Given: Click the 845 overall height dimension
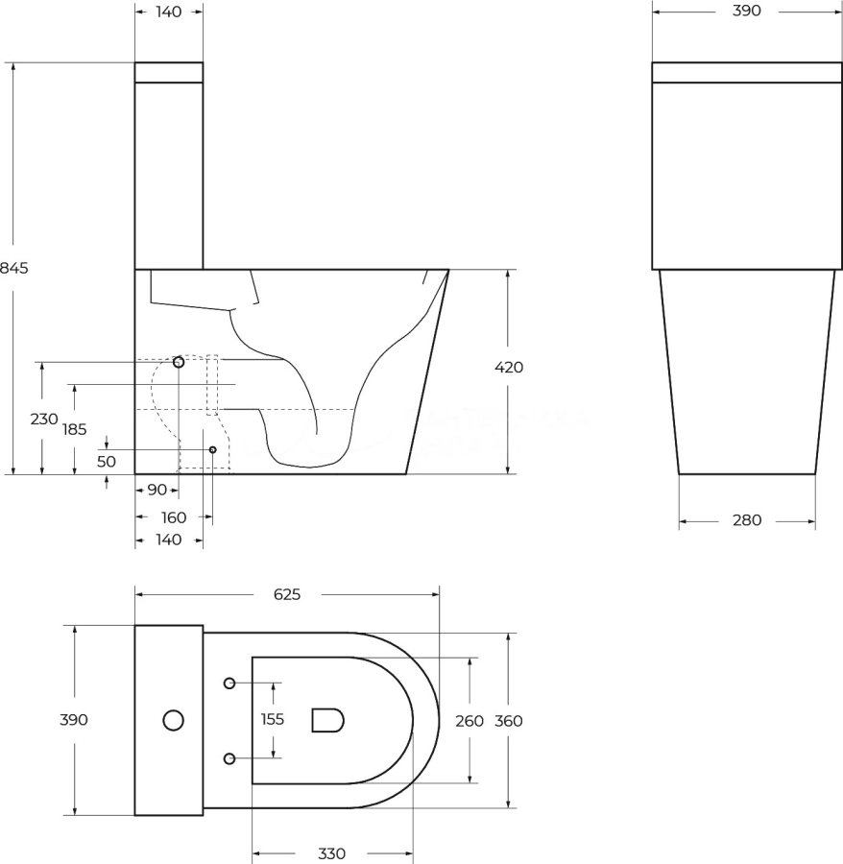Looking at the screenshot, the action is click(x=13, y=268).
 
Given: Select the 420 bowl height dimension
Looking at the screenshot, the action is click(x=509, y=367).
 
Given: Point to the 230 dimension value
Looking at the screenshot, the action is click(x=44, y=420).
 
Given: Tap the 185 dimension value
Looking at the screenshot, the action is click(x=74, y=429).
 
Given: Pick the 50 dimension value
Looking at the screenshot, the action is click(x=107, y=461).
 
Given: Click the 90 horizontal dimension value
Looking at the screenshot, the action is click(x=157, y=490).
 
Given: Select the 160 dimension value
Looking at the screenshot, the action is click(x=174, y=518).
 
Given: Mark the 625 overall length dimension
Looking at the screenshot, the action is click(x=287, y=594).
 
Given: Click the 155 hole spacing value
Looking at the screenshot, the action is click(x=272, y=719).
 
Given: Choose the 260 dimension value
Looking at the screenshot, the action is click(x=470, y=721).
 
